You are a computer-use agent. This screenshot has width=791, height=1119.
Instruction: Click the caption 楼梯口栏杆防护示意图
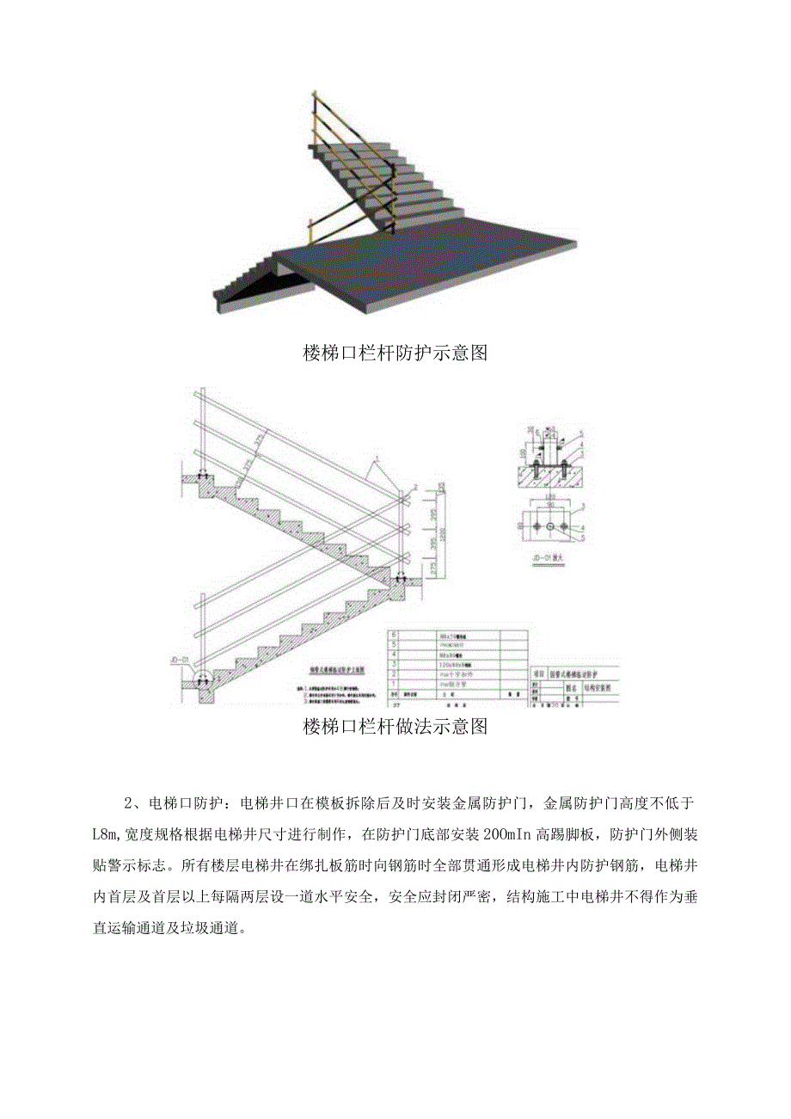[x=395, y=354]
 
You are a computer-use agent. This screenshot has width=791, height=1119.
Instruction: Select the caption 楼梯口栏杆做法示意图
[x=395, y=727]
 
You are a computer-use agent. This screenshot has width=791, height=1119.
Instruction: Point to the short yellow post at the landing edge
[x=310, y=230]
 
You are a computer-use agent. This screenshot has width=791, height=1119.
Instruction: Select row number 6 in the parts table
[x=395, y=633]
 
